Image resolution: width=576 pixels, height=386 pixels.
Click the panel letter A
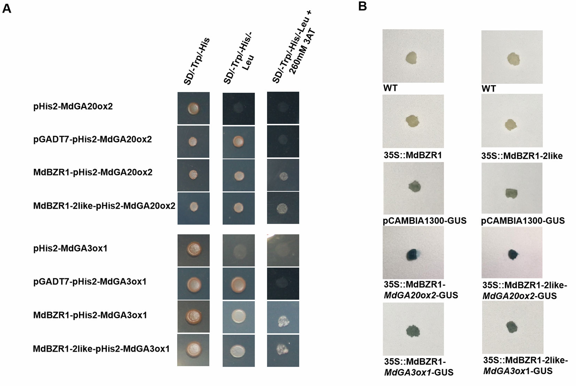pos(7,8)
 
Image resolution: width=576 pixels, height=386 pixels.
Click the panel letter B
pos(362,6)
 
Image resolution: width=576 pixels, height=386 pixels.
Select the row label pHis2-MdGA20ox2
pos(73,106)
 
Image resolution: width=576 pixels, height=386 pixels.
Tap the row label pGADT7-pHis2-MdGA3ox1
pos(89,281)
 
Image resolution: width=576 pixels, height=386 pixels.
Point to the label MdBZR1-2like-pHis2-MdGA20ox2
pos(104,206)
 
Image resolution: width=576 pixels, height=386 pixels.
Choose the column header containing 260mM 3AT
pos(294,49)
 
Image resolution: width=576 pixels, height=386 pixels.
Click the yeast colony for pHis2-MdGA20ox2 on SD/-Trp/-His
pos(193,108)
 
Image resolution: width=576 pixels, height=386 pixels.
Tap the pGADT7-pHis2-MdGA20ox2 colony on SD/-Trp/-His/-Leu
pos(238,142)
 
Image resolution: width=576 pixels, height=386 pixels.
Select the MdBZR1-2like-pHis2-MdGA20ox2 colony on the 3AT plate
pos(283,208)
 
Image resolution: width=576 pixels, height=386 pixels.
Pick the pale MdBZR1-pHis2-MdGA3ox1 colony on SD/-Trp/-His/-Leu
pos(239,316)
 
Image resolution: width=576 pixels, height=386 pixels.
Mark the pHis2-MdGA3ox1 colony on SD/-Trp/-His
pos(193,249)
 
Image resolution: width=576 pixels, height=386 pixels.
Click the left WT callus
pos(412,58)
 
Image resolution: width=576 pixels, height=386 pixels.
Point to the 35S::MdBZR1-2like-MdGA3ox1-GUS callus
pos(512,327)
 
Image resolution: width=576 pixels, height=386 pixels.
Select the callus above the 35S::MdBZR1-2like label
pos(511,124)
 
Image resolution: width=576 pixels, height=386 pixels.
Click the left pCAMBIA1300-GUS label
pos(425,221)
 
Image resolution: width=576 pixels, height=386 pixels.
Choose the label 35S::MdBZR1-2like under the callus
pos(522,156)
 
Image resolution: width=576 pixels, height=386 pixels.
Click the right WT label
pos(489,89)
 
